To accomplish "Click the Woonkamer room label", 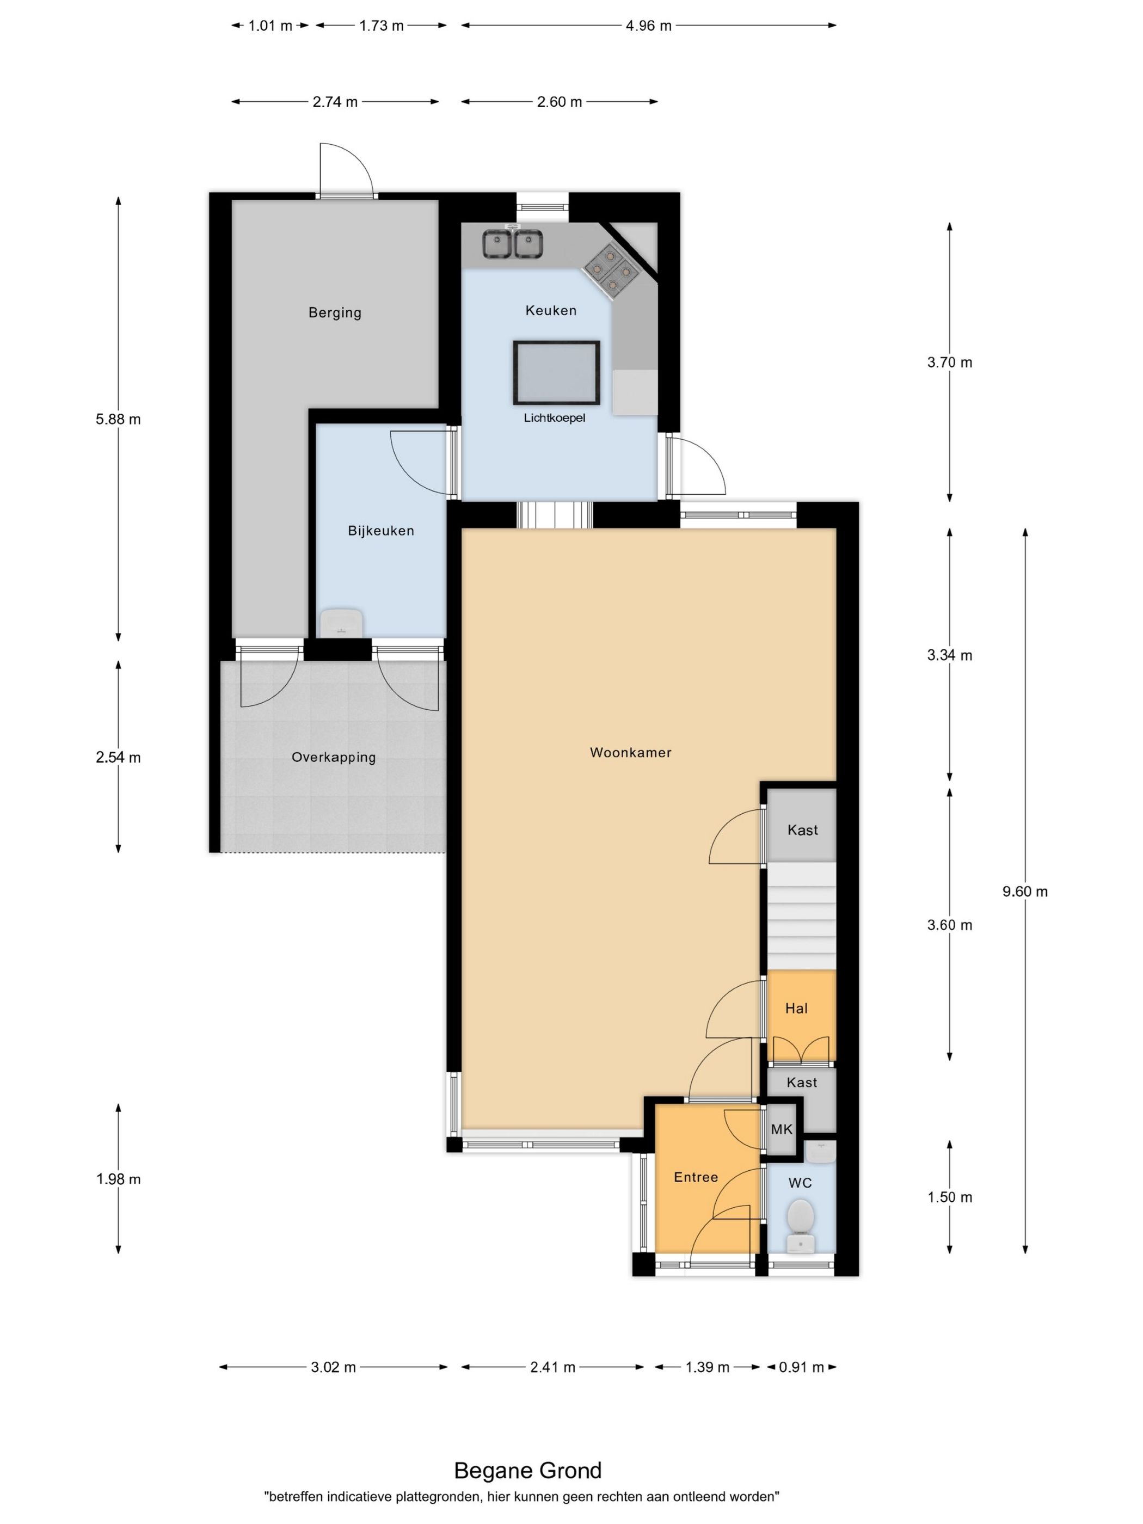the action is click(630, 752).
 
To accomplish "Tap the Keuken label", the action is click(550, 310).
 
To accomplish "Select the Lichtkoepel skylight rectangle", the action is click(556, 373).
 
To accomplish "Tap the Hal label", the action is click(796, 1008).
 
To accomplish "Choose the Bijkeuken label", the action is click(381, 531).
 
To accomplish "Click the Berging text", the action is click(335, 313).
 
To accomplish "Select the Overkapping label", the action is click(334, 757).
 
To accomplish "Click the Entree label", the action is click(696, 1177).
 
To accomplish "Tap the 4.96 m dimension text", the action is click(648, 26).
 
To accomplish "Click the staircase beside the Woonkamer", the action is click(801, 917).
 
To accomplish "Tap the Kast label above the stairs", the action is click(803, 830).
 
